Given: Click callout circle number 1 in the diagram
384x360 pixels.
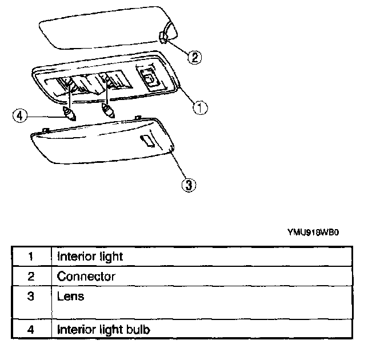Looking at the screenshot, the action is [199, 107].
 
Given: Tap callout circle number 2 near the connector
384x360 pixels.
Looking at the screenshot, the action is [195, 57].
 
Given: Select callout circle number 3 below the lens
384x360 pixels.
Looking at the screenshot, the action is [189, 184].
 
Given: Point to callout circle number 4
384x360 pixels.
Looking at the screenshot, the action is [20, 115].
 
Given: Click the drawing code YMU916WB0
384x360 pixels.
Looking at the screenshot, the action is [318, 233].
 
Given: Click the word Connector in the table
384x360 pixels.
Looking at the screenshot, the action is [86, 277].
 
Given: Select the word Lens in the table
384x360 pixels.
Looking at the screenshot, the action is [70, 296].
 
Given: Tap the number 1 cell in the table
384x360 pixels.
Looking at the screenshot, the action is [31, 256].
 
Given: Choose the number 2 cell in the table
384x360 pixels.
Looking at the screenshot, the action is [31, 277].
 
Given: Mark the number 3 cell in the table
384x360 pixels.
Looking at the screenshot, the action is [31, 297].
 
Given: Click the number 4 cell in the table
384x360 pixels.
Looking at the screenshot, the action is [31, 330].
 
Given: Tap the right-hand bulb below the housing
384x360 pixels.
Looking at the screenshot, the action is [107, 111].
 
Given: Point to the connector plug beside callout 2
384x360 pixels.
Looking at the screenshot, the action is [163, 38].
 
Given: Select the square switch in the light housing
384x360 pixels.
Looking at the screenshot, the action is [147, 77].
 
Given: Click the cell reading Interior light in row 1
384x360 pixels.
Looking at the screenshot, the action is [90, 256].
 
